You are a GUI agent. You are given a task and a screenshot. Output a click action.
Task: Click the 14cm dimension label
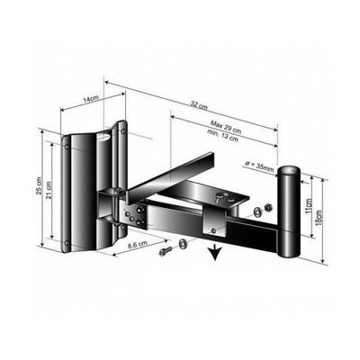(x=89, y=100)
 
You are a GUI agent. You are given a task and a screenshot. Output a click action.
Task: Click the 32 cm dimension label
(x=199, y=105)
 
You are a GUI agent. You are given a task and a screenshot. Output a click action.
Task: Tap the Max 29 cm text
(x=226, y=127)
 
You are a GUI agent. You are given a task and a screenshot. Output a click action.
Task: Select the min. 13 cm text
(x=222, y=136)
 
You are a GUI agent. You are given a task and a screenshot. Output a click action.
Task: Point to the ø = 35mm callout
(x=259, y=166)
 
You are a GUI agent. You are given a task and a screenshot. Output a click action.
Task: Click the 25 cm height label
(x=39, y=186)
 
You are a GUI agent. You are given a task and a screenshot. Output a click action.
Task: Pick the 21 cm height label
(x=49, y=191)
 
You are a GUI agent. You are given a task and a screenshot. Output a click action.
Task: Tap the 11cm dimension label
(x=308, y=205)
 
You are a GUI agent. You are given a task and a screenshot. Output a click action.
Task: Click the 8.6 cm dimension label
(x=137, y=245)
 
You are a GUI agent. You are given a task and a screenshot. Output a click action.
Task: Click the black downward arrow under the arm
(x=215, y=251)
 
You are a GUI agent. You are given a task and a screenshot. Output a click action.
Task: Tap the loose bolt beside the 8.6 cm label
(x=166, y=250)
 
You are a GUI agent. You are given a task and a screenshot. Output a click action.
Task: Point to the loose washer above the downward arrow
(x=182, y=243)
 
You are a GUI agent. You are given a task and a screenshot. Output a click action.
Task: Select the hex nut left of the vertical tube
(x=268, y=207)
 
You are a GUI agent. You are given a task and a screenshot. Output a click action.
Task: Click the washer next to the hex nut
(x=257, y=211)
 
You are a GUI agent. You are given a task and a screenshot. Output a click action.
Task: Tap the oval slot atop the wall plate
(x=103, y=137)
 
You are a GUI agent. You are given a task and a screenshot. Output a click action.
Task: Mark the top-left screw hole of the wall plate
(x=67, y=147)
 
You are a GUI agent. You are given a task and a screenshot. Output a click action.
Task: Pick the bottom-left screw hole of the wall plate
(x=67, y=243)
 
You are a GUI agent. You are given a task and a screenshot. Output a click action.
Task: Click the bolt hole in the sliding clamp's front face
(x=213, y=230)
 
